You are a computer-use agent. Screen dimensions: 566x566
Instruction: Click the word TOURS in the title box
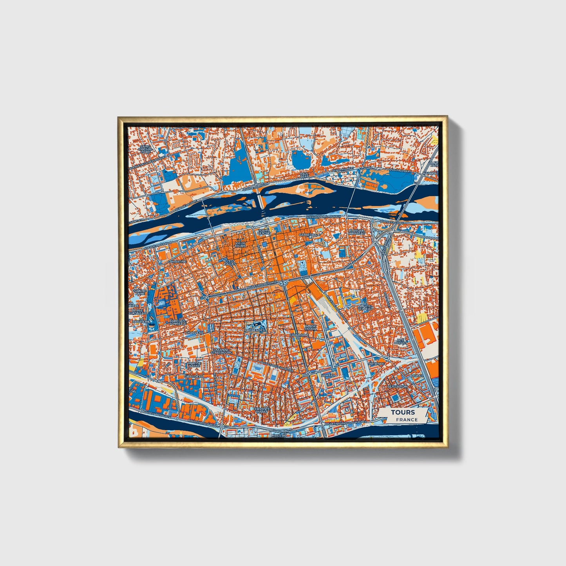point(402,412)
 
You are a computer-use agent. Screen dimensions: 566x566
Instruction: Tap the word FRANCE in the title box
point(406,420)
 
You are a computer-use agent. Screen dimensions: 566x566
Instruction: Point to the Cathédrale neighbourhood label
point(309,235)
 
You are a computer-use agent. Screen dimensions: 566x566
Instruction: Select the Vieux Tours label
point(240,244)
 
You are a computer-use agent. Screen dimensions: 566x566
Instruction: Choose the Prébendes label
point(255,330)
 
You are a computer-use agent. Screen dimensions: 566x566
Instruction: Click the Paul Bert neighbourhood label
point(304,175)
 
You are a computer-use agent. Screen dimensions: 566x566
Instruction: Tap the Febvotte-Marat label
point(260,410)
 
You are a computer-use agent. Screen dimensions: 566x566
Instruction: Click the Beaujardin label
point(397,386)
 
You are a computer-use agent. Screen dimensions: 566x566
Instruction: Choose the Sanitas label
point(328,375)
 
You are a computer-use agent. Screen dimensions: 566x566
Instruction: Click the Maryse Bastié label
point(194,364)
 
